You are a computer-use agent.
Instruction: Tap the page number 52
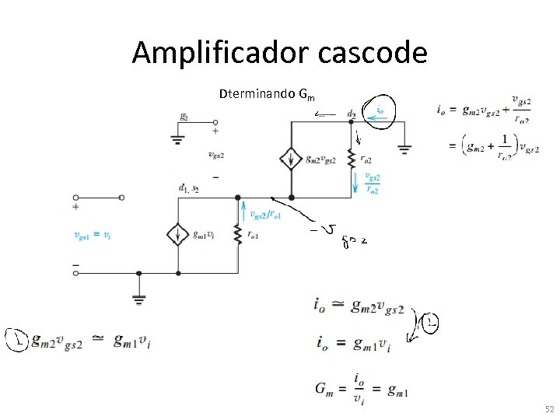coord(550,409)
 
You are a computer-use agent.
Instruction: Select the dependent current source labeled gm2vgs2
coord(291,159)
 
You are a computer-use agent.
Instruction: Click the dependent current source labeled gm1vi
coord(178,234)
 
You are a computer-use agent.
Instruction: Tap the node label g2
coord(184,117)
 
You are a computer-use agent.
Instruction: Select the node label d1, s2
coord(188,188)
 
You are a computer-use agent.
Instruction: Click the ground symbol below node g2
coord(177,141)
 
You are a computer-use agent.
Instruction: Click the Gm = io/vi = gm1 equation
coord(362,387)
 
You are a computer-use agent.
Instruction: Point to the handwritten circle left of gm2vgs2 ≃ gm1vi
coord(14,340)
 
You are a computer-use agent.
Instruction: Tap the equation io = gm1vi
coord(354,342)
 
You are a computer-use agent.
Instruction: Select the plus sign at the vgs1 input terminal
coord(75,207)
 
